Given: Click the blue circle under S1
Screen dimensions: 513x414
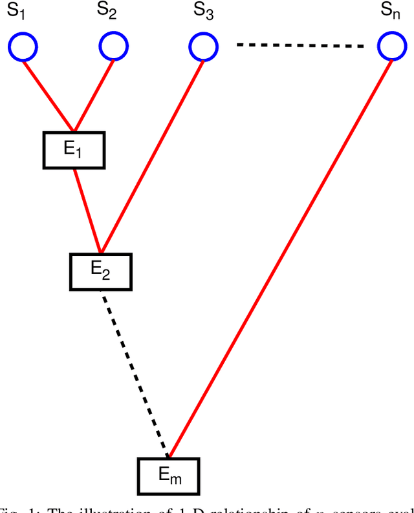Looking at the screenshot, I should tap(23, 47).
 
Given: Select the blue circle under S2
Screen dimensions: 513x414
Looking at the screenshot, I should tap(114, 47).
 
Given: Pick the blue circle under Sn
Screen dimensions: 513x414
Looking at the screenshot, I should tap(392, 47).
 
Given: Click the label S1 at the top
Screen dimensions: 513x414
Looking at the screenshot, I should tap(16, 11).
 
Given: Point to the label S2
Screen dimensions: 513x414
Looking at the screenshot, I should tap(107, 11).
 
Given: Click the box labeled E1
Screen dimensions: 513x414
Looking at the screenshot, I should tap(73, 150).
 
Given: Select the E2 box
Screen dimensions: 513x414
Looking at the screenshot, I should tap(100, 271).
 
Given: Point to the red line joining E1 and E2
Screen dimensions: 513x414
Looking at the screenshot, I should tap(87, 210).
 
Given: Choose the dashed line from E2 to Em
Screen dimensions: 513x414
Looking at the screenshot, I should tap(136, 375).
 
